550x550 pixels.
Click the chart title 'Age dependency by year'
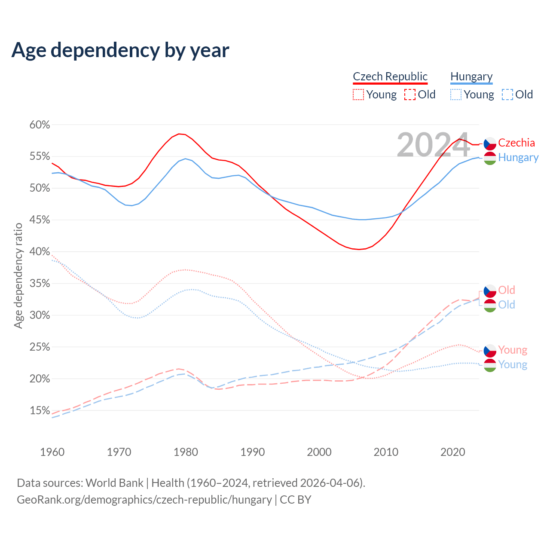pyautogui.click(x=120, y=50)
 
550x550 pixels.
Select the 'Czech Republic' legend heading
pyautogui.click(x=390, y=76)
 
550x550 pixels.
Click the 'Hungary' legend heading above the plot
pyautogui.click(x=471, y=76)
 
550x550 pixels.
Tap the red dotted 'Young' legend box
pyautogui.click(x=358, y=95)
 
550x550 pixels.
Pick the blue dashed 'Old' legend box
pyautogui.click(x=507, y=95)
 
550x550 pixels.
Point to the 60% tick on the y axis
pyautogui.click(x=40, y=125)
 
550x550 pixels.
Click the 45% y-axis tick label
pyautogui.click(x=40, y=220)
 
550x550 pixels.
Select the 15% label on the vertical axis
pyautogui.click(x=40, y=411)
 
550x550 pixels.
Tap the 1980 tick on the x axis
pyautogui.click(x=186, y=452)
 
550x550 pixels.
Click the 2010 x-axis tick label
pyautogui.click(x=386, y=452)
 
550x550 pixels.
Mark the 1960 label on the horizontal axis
pyautogui.click(x=52, y=452)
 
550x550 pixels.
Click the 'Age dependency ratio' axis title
pyautogui.click(x=18, y=275)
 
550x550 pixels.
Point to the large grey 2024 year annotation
pyautogui.click(x=433, y=145)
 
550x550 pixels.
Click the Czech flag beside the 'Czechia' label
pyautogui.click(x=490, y=144)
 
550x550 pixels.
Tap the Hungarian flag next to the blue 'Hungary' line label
pyautogui.click(x=490, y=158)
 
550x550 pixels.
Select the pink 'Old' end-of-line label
pyautogui.click(x=507, y=290)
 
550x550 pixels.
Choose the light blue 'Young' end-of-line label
pyautogui.click(x=513, y=365)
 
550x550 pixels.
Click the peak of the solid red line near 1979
pyautogui.click(x=179, y=134)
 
